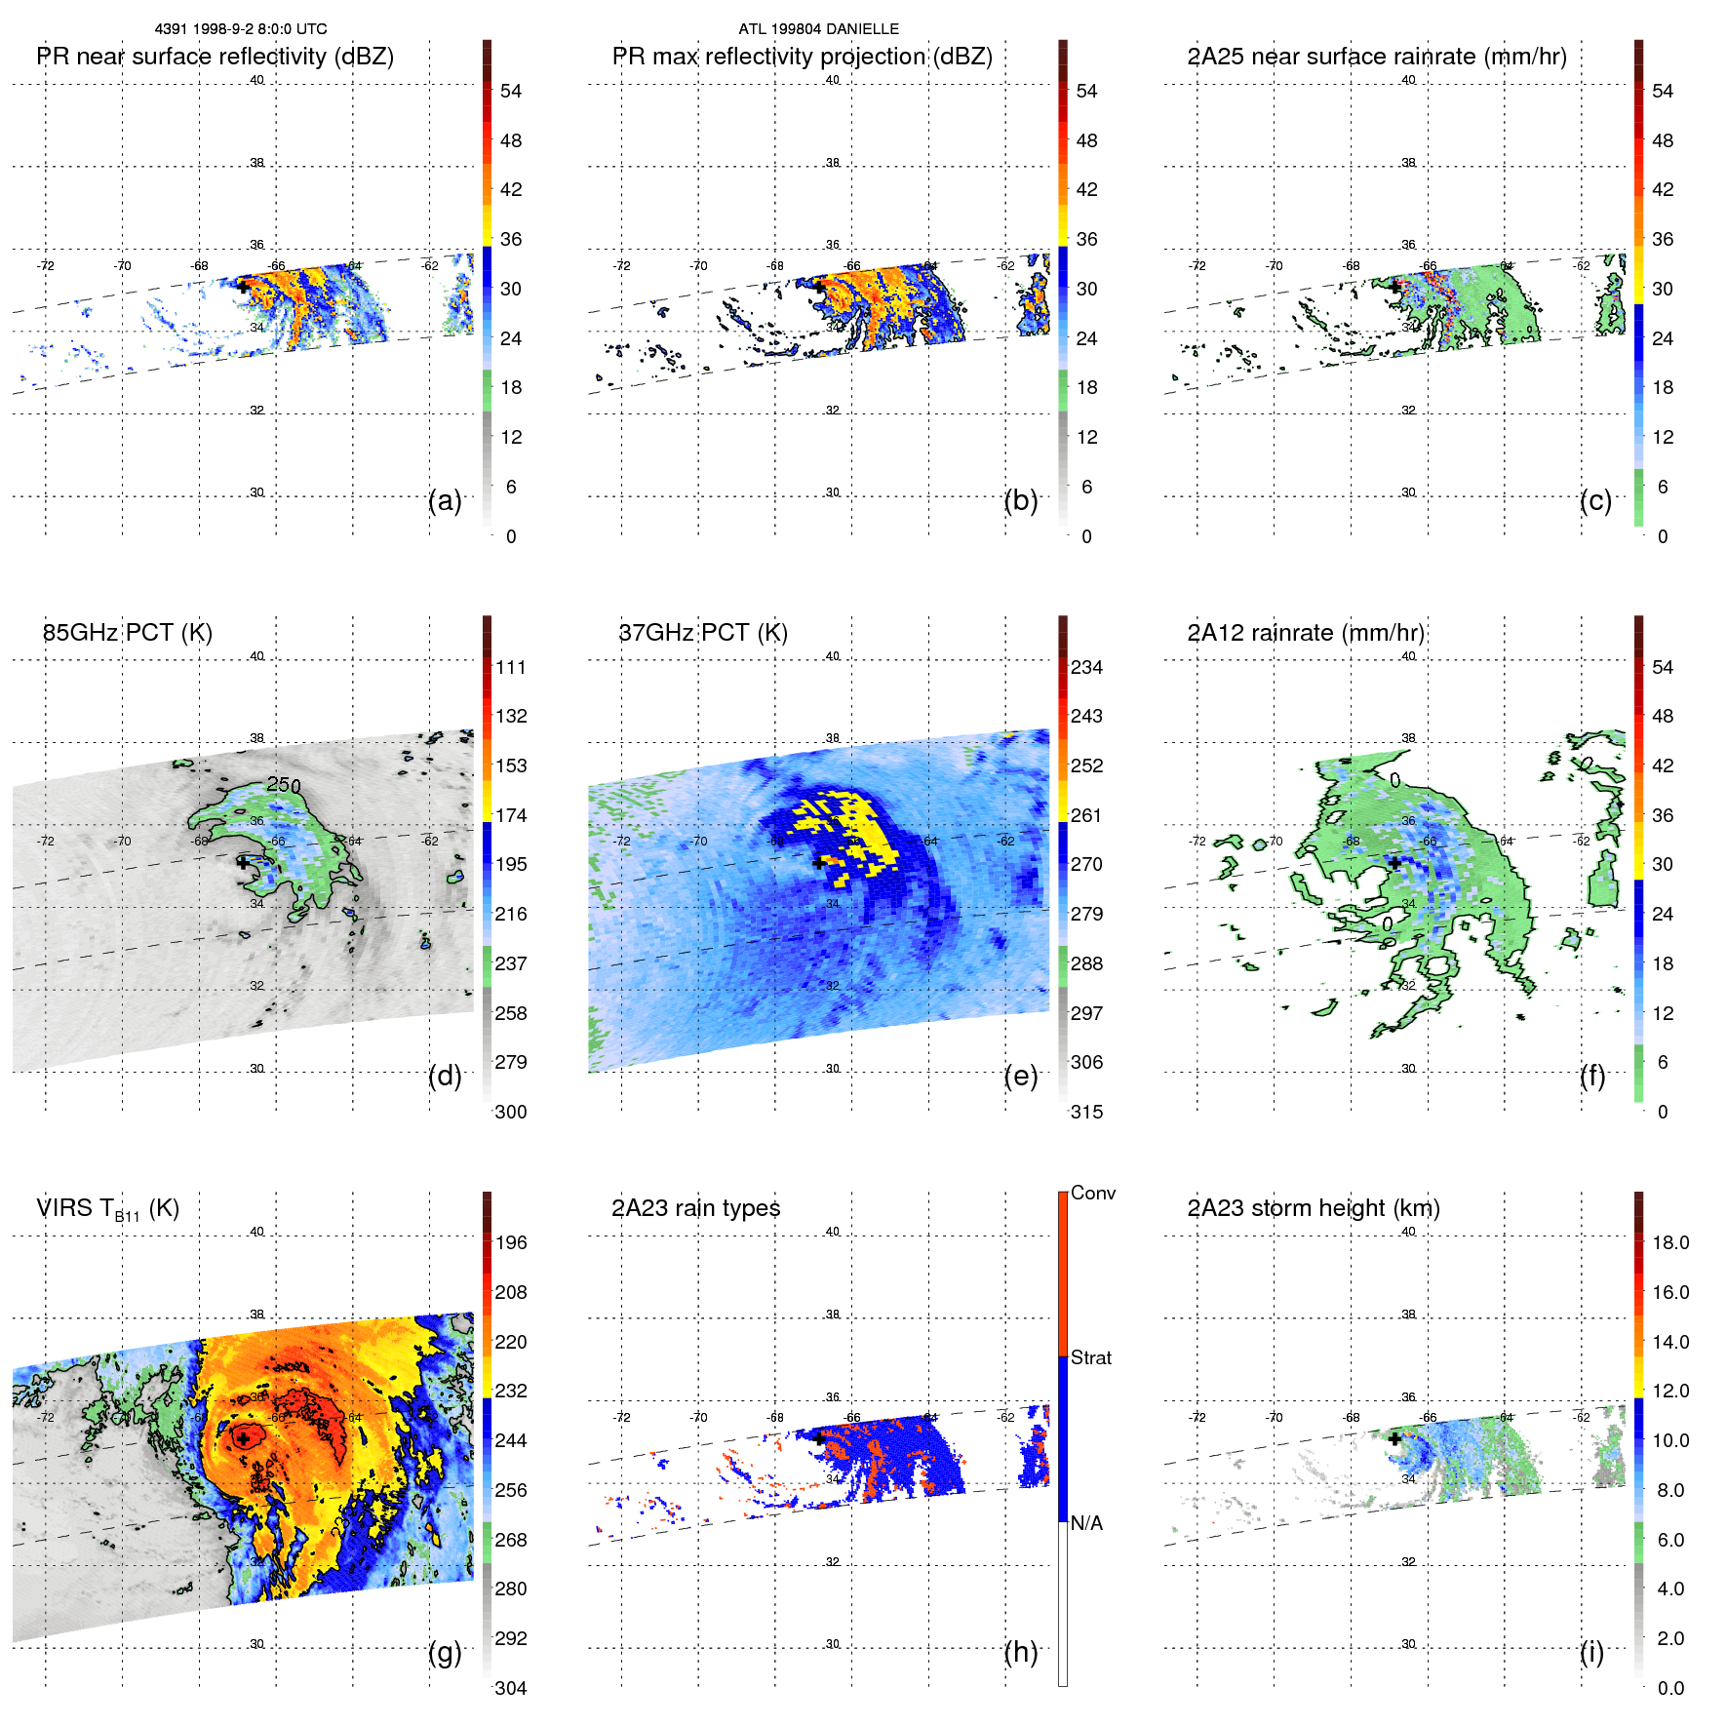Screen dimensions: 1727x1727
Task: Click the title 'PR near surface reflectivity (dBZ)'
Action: (x=215, y=57)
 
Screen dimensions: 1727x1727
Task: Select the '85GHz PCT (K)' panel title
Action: (x=127, y=633)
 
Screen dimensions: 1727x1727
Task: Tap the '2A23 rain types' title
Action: (x=695, y=1208)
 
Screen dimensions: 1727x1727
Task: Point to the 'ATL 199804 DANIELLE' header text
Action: (x=818, y=29)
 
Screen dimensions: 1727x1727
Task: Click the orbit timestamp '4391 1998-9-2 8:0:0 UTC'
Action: (x=241, y=29)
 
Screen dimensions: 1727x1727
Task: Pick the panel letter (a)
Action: (x=445, y=500)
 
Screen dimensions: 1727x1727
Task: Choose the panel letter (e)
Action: (x=1020, y=1076)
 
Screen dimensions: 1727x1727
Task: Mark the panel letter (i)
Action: (x=1591, y=1652)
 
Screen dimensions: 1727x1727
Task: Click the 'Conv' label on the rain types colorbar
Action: (x=1092, y=1193)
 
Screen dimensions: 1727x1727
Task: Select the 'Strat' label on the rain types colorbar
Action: (x=1090, y=1357)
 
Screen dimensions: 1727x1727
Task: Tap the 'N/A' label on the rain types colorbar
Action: (x=1086, y=1523)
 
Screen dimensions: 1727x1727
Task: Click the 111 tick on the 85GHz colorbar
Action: (x=511, y=667)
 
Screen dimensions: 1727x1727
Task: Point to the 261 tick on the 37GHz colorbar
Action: (x=1086, y=815)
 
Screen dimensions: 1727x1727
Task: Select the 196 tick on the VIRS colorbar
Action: (x=511, y=1242)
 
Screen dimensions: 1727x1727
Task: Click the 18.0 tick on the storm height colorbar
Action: (x=1669, y=1242)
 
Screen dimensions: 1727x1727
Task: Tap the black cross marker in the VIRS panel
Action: (x=243, y=1438)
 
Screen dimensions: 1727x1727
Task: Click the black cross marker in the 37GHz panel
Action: (x=818, y=862)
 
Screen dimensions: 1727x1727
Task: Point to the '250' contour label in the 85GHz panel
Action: (x=284, y=785)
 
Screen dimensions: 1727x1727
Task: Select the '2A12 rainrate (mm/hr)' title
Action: (x=1305, y=633)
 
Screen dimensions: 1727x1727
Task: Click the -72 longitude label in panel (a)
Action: (x=45, y=265)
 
